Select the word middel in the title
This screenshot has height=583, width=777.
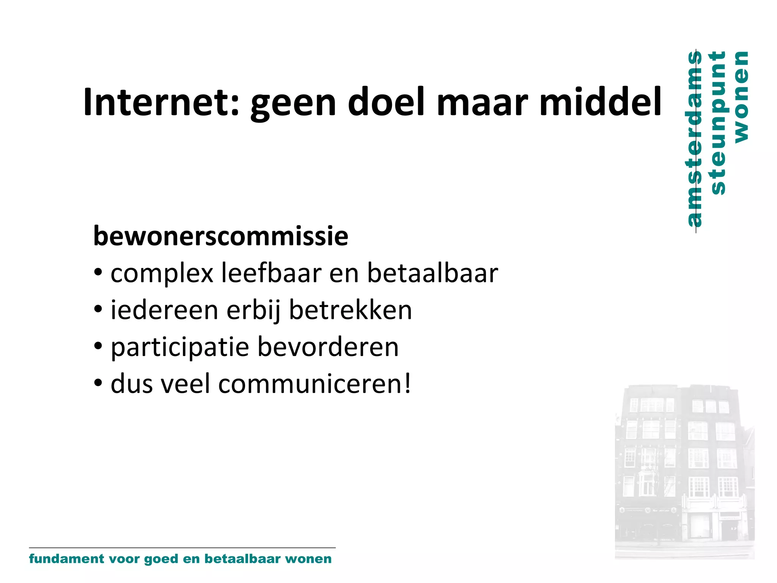(x=600, y=102)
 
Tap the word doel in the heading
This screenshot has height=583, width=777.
(x=386, y=102)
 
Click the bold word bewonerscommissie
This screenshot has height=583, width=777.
(x=220, y=236)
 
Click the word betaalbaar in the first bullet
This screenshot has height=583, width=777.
(x=432, y=273)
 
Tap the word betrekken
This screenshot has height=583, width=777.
(x=350, y=310)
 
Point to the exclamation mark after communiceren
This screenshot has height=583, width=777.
(x=407, y=383)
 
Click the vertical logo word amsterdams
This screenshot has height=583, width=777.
(x=694, y=139)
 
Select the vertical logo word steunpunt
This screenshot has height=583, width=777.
(x=718, y=123)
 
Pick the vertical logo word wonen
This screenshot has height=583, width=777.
(x=741, y=97)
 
